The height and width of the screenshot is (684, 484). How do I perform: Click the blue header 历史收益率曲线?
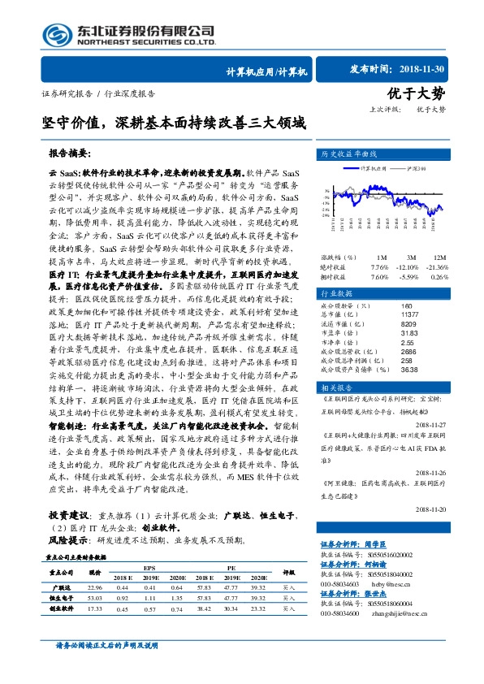(x=341, y=154)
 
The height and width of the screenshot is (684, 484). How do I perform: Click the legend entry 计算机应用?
(x=373, y=169)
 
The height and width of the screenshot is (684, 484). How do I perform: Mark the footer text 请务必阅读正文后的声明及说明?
(x=106, y=645)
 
